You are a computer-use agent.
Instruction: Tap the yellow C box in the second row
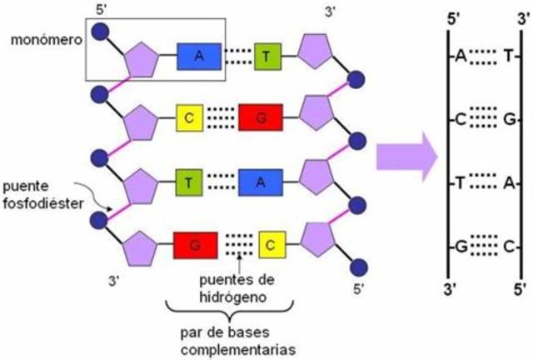click(189, 118)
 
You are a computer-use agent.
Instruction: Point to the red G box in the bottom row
click(196, 245)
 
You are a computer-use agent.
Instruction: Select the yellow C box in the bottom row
click(271, 245)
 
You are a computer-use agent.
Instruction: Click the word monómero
click(42, 40)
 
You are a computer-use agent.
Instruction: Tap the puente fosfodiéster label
click(41, 191)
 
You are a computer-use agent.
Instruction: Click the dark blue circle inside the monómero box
click(101, 31)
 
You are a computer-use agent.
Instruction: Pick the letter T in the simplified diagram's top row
click(506, 56)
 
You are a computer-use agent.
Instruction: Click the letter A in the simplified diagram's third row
click(506, 182)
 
